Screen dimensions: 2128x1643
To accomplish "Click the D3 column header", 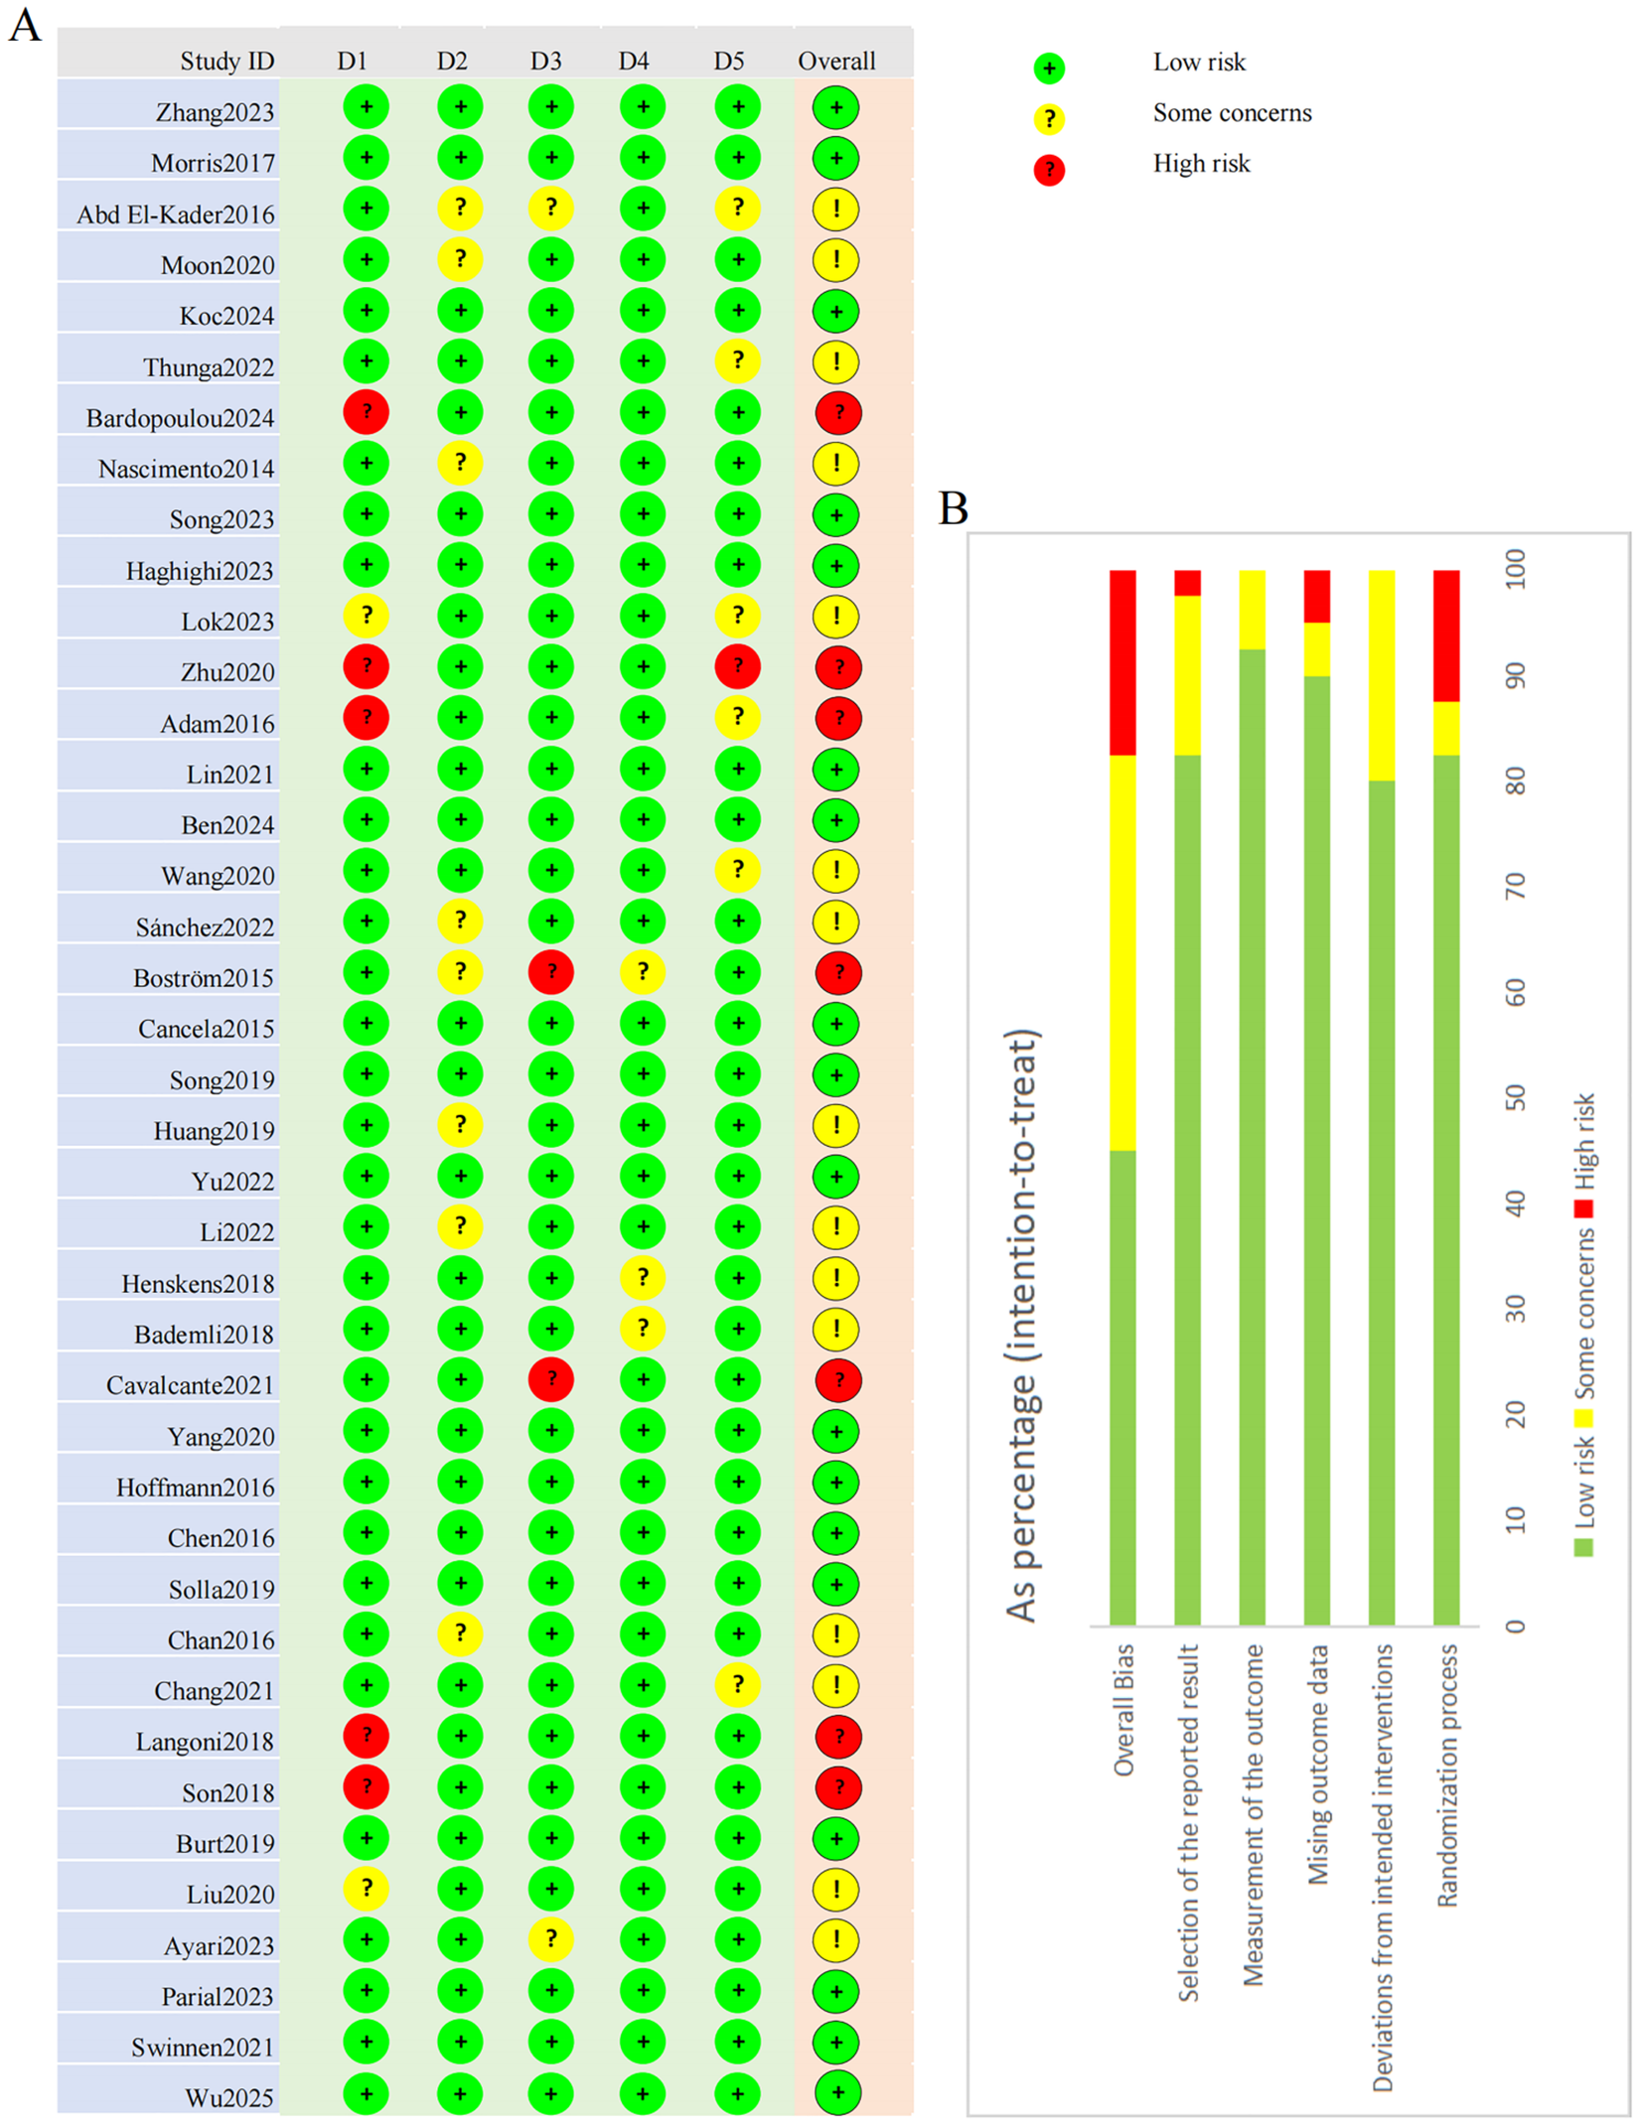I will pos(545,62).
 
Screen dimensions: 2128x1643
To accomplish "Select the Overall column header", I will pos(836,62).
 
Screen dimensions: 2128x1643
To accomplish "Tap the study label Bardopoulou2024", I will pos(180,418).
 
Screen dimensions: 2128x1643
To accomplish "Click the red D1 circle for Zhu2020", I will pos(366,666).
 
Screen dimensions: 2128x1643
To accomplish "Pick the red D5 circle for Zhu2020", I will pos(737,666).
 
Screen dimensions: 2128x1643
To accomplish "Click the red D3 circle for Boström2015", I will pos(551,972).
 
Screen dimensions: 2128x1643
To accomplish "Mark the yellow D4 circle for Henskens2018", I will pos(643,1277).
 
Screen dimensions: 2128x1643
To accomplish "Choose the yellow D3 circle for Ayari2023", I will pos(551,1939).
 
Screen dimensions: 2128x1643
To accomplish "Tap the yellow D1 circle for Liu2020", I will pos(366,1888).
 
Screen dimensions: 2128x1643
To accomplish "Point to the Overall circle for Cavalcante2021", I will pos(837,1379).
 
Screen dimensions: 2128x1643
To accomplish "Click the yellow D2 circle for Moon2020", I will pos(460,259).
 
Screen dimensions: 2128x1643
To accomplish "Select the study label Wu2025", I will pos(229,2097).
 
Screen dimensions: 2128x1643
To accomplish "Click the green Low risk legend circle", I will pos(1049,68).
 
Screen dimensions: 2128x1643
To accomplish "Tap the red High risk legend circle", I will pos(1049,170).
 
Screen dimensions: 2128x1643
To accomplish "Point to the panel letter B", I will pos(954,507).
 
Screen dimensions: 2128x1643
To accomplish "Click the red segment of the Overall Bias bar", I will pos(1122,662).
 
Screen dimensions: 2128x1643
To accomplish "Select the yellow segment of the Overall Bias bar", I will pos(1122,952).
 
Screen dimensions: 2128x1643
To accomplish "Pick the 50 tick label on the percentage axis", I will pos(1515,1097).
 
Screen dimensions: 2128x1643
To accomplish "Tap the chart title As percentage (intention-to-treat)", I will pos(1022,1326).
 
